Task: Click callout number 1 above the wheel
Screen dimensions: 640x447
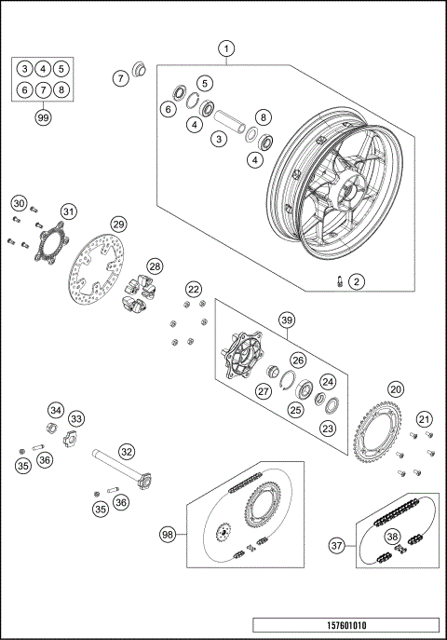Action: click(x=227, y=48)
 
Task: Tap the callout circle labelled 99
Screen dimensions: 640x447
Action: click(x=42, y=117)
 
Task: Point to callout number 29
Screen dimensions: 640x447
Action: click(x=118, y=224)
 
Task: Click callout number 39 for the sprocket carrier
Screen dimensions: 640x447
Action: click(x=285, y=320)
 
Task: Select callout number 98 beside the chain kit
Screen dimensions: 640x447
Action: click(x=168, y=534)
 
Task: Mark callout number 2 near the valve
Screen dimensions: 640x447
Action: click(x=357, y=281)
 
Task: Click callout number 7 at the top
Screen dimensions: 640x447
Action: click(x=120, y=78)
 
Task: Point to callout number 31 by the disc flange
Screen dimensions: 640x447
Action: click(x=66, y=212)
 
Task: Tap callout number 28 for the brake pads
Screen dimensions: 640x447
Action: click(x=155, y=266)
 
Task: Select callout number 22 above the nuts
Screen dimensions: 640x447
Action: click(x=193, y=290)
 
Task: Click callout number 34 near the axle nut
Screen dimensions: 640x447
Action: click(x=56, y=410)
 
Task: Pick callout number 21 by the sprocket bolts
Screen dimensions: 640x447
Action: click(x=423, y=418)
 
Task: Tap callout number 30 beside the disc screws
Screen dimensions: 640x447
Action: click(x=19, y=203)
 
